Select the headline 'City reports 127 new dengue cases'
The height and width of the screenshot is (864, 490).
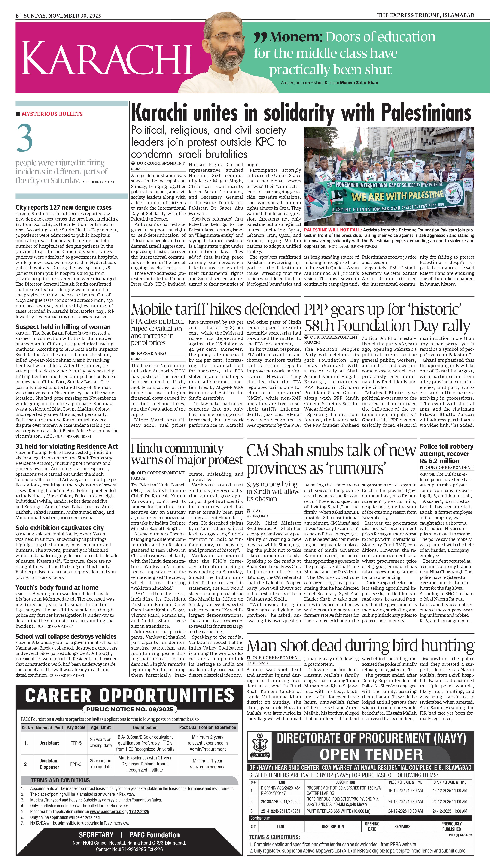(63, 208)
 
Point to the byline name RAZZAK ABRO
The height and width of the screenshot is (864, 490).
(151, 353)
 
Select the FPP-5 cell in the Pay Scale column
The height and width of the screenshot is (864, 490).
(76, 743)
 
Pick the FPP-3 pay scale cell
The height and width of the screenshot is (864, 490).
(76, 764)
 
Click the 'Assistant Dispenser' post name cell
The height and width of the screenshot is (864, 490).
(49, 764)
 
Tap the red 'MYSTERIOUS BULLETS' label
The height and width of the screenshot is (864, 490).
(52, 114)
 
